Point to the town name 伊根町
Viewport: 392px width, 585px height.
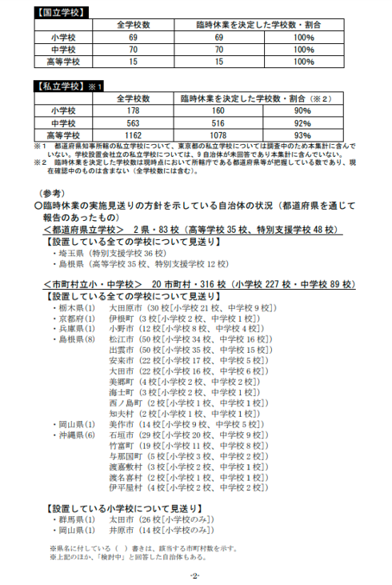tap(120, 318)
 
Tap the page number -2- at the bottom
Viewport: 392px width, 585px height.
tap(194, 576)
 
